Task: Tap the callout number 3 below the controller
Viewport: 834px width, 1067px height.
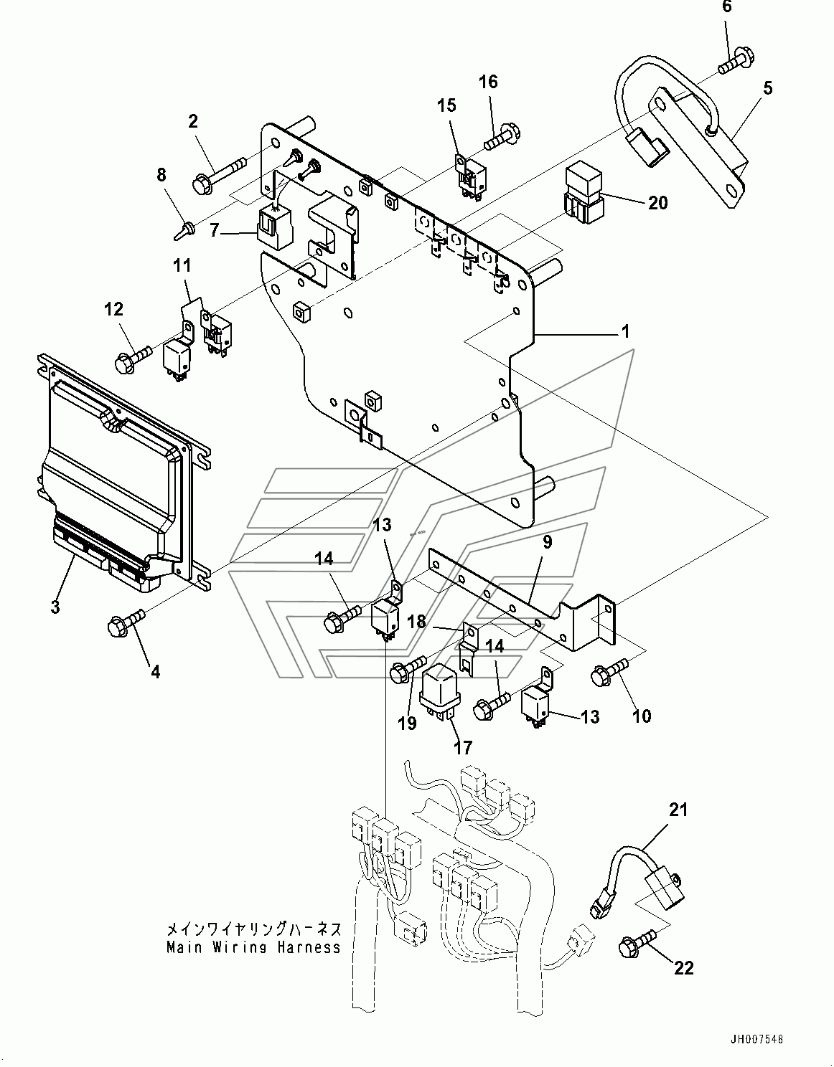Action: tap(55, 607)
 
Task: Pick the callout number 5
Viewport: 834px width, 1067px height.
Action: tap(767, 89)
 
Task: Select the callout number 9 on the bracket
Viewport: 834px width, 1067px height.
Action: tap(547, 543)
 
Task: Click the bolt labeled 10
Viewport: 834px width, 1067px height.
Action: tap(609, 670)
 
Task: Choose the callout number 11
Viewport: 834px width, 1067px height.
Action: tap(182, 266)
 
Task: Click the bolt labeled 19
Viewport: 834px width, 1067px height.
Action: tap(407, 670)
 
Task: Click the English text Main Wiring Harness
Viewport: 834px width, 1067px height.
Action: tap(253, 947)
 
